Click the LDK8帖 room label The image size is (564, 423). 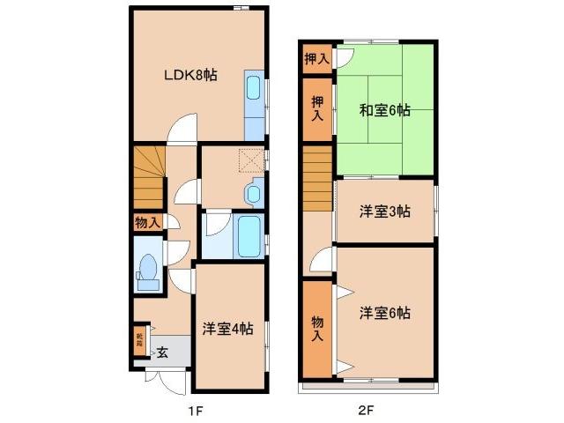coord(189,76)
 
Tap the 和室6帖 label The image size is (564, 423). coord(384,110)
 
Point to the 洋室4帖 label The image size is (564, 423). coord(227,329)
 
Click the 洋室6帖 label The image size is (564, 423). coord(384,312)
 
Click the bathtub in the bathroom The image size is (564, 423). coord(249,236)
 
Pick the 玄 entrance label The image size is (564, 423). coord(162,352)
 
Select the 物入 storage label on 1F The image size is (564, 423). coord(147,222)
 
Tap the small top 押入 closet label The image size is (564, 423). coord(316,59)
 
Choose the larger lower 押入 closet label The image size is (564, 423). coord(316,108)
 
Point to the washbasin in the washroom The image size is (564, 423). coord(254,192)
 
